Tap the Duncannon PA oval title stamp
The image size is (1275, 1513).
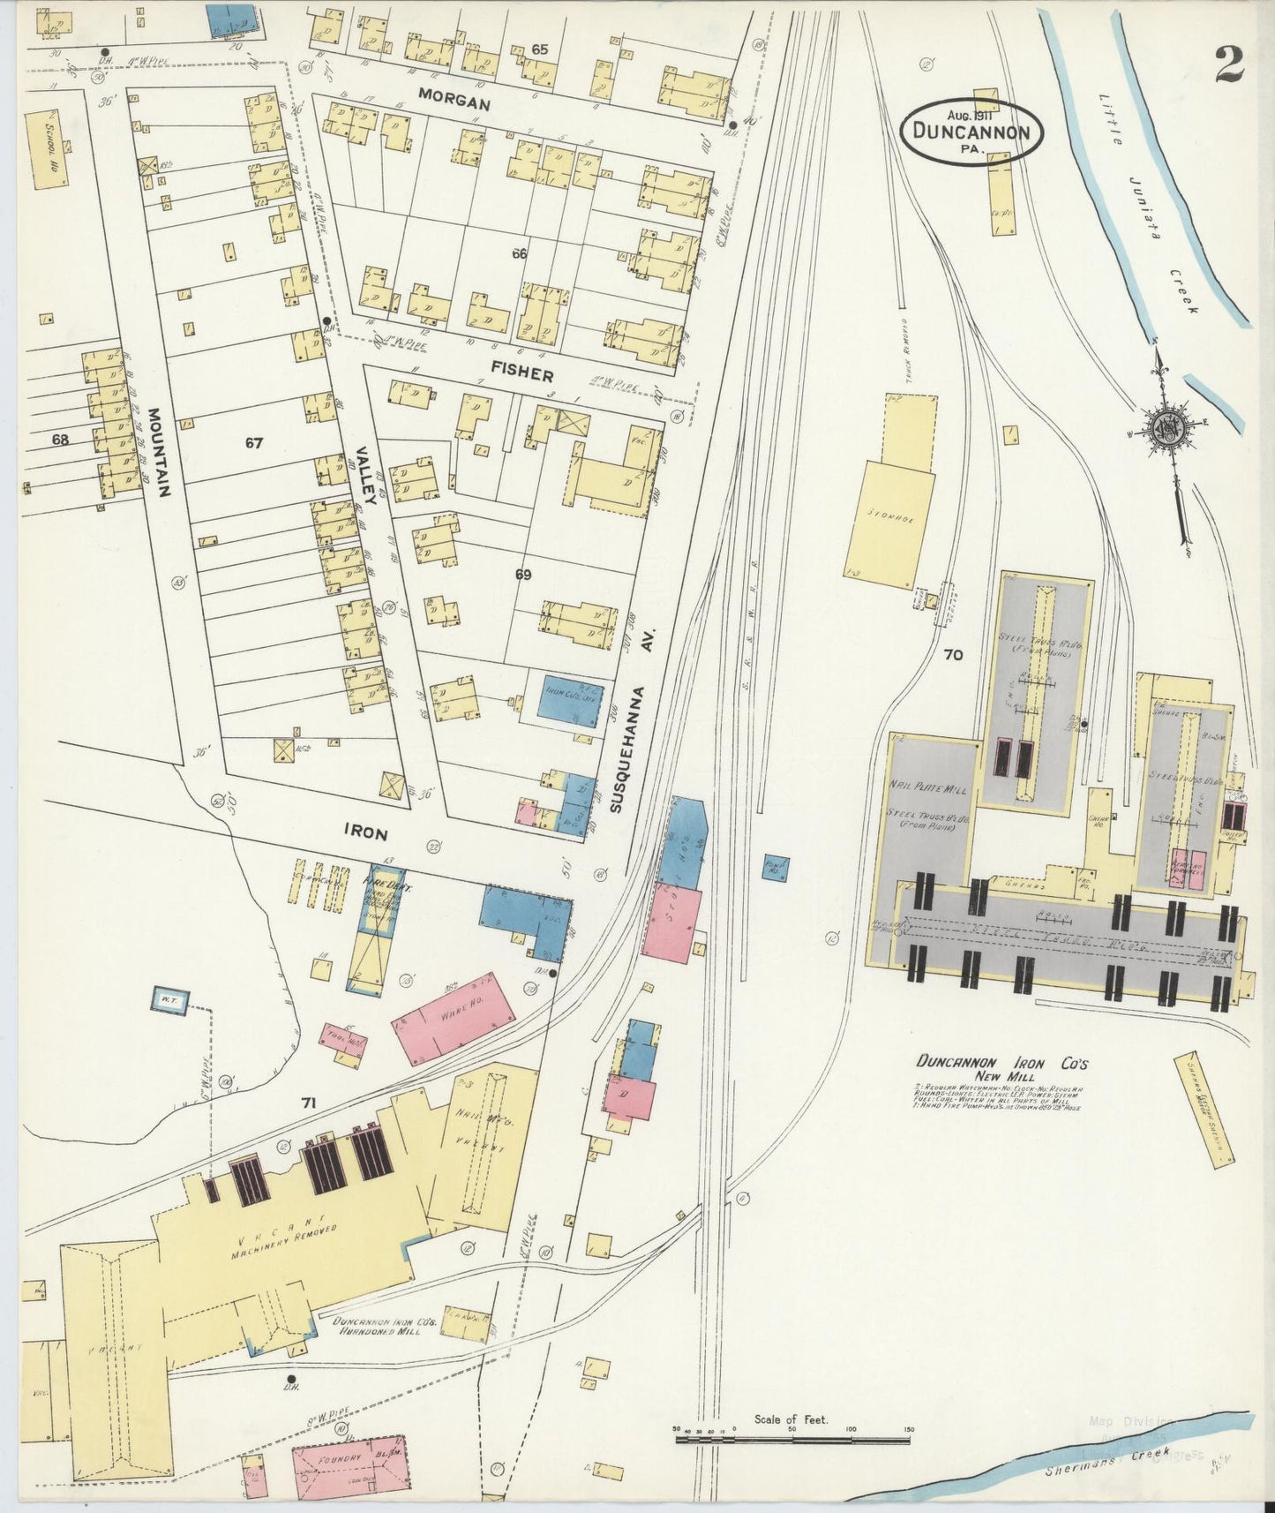pyautogui.click(x=972, y=131)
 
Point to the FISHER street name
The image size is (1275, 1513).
pyautogui.click(x=523, y=373)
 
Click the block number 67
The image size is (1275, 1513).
pyautogui.click(x=254, y=443)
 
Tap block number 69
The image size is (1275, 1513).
pyautogui.click(x=523, y=575)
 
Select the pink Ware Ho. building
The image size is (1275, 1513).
pyautogui.click(x=454, y=1018)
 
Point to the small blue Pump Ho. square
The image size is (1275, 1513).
pyautogui.click(x=776, y=866)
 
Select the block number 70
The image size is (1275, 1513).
pyautogui.click(x=952, y=655)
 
